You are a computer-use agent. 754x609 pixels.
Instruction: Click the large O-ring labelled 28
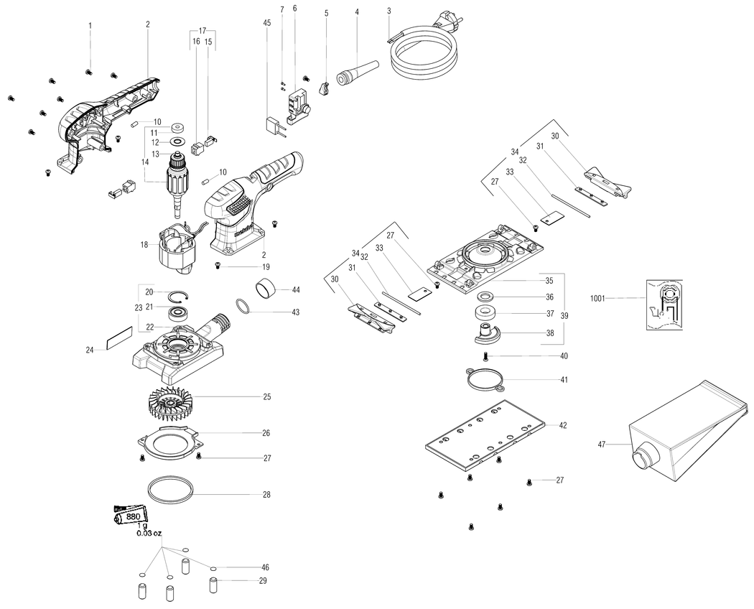click(170, 492)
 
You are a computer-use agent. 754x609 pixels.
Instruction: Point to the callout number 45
click(267, 24)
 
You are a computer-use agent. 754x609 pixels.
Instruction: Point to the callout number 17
click(203, 31)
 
